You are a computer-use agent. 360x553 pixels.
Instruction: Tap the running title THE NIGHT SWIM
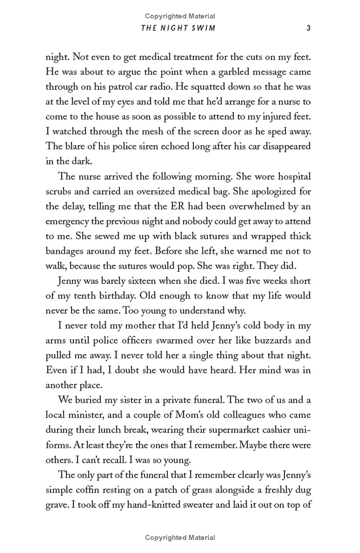[179, 27]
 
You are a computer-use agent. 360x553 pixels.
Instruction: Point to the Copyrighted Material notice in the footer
[180, 537]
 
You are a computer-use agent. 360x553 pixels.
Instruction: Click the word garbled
[232, 72]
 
